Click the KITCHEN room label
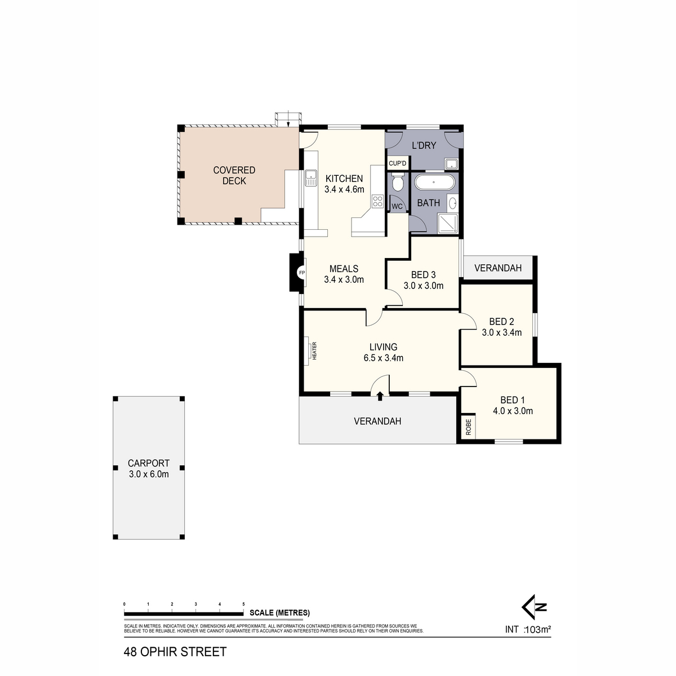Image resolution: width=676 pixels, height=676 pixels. coord(344,179)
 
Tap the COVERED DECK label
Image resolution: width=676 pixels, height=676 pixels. coord(234,175)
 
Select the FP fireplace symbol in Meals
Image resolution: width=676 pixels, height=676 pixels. coord(301,273)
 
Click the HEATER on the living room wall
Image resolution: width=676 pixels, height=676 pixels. coord(308,351)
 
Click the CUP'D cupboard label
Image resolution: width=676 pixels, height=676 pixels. coord(398,163)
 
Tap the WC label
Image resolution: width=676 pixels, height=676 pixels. coord(397,206)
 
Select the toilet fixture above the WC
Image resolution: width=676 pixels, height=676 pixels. coord(398,183)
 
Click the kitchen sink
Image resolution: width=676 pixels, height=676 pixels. coord(310,178)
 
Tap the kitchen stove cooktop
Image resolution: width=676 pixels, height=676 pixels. coord(377,201)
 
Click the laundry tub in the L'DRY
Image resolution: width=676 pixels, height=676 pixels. coord(451,164)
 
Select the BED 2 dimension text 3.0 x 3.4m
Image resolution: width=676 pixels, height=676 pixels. coord(501,332)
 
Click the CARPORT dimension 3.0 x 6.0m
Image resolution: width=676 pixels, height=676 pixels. coord(149,474)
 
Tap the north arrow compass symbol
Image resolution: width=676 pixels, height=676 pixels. coord(534,607)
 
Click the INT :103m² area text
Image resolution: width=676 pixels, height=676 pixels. coord(528,630)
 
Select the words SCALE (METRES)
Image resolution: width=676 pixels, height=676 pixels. coord(279,613)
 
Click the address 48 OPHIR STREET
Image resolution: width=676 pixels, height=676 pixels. coord(175,652)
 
